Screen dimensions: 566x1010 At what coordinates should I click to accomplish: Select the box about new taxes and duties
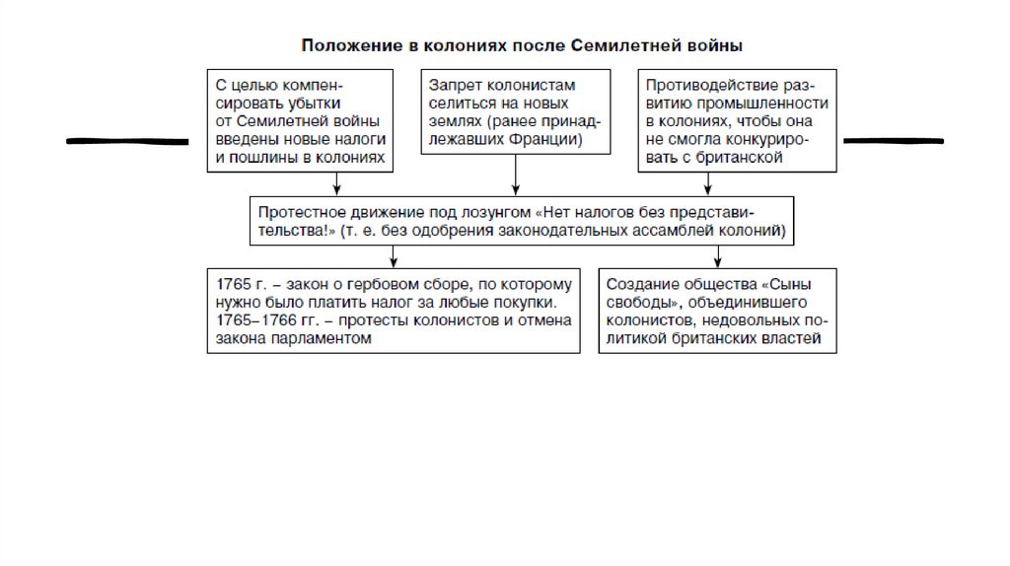(298, 120)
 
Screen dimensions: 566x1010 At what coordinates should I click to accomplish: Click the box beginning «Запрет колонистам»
(515, 110)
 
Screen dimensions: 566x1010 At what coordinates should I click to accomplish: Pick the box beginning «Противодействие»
(737, 120)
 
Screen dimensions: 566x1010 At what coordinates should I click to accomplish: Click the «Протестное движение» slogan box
(524, 221)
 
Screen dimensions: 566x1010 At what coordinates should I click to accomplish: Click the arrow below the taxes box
(337, 183)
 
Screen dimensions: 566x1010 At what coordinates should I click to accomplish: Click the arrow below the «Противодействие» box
(706, 183)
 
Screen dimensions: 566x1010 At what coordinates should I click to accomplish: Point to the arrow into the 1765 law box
(395, 255)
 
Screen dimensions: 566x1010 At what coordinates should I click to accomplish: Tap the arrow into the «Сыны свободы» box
(717, 255)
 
